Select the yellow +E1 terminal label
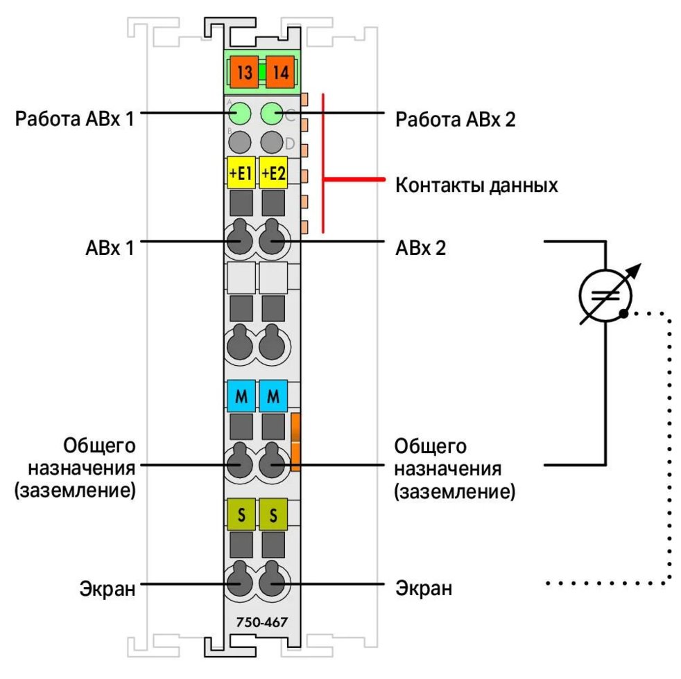pyautogui.click(x=241, y=173)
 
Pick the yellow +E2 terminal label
pyautogui.click(x=274, y=173)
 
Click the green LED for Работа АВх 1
pyautogui.click(x=240, y=112)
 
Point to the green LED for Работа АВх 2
pyautogui.click(x=273, y=112)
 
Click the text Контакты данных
pyautogui.click(x=476, y=186)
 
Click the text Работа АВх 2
pyautogui.click(x=456, y=119)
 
